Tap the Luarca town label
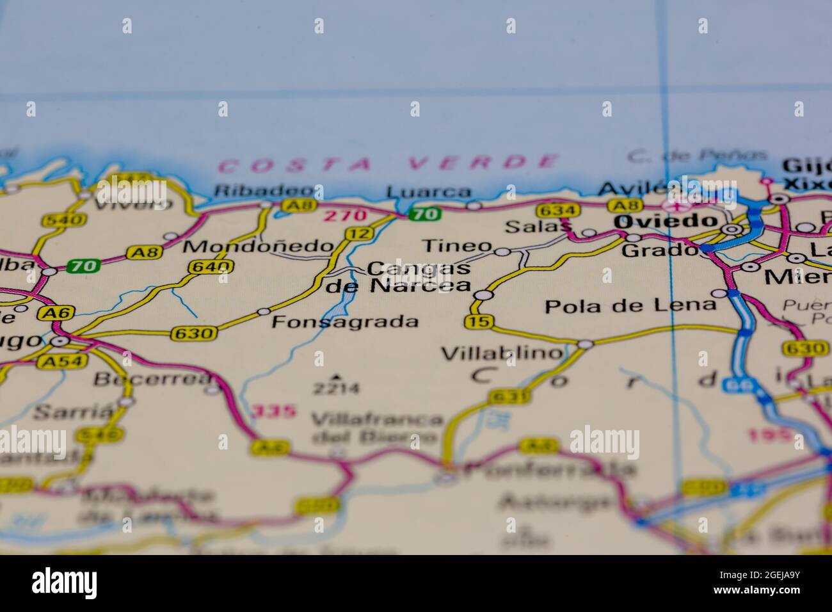[429, 192]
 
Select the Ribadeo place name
[264, 191]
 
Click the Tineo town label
[457, 246]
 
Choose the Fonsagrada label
[345, 321]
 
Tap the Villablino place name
[502, 353]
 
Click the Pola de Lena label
[630, 305]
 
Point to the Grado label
[659, 250]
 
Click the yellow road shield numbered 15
[480, 322]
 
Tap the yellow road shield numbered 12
[358, 234]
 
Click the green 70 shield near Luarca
[425, 214]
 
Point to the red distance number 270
[345, 216]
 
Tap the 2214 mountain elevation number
[336, 388]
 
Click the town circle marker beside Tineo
[502, 252]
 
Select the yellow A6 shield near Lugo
[56, 313]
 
